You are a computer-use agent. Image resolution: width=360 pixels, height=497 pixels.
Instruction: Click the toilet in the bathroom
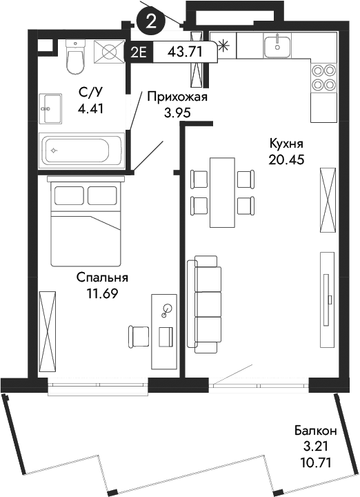pos(74,57)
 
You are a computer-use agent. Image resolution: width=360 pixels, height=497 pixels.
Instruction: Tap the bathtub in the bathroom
pos(81,149)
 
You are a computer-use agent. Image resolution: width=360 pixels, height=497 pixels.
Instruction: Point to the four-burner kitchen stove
pos(322,77)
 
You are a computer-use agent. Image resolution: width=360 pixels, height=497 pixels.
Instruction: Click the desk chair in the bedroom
pos(139,335)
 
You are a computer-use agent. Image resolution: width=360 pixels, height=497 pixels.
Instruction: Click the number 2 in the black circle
pos(151,21)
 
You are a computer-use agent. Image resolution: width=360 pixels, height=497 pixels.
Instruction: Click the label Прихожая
pos(177,97)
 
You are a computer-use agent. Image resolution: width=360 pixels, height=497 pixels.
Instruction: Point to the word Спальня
pos(103,277)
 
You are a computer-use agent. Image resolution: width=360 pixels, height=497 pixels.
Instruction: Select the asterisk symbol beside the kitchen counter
pos(223,47)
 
